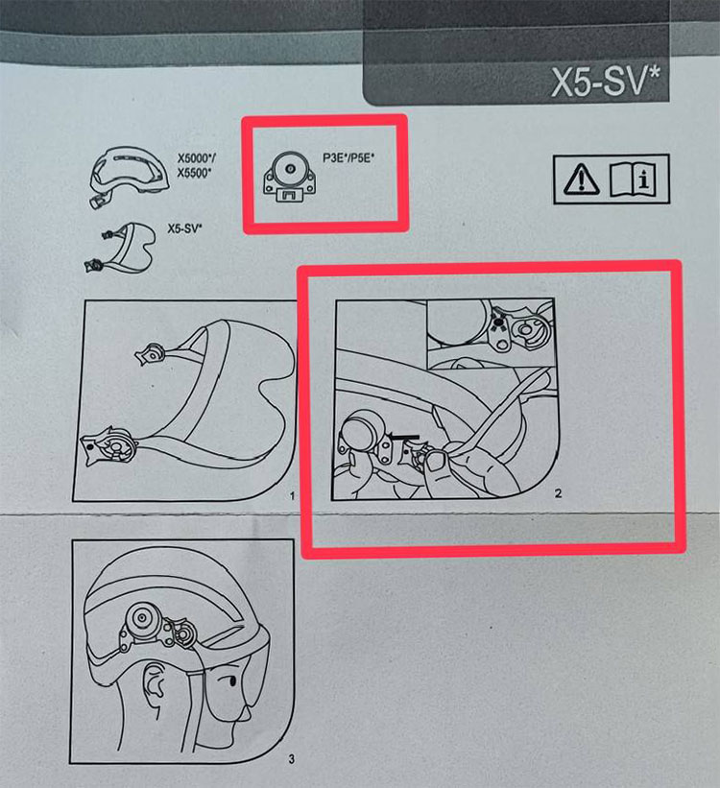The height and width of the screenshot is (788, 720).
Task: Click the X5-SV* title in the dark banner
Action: click(x=606, y=81)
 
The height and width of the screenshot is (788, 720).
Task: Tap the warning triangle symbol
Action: click(x=582, y=179)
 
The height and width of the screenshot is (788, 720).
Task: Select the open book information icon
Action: click(x=633, y=179)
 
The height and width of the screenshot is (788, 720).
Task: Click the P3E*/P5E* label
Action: click(x=348, y=157)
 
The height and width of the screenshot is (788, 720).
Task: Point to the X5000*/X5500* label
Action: click(x=197, y=165)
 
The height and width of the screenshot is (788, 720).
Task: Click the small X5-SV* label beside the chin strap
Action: click(x=184, y=228)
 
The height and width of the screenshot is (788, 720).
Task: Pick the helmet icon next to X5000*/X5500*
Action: click(x=129, y=176)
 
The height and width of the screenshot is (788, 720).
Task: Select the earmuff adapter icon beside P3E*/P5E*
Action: click(x=290, y=177)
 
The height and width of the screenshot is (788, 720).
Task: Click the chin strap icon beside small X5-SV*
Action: click(x=120, y=248)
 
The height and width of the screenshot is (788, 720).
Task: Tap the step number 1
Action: click(x=293, y=496)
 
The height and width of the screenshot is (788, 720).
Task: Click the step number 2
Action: click(x=558, y=493)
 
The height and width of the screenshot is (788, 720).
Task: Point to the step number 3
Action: click(x=292, y=758)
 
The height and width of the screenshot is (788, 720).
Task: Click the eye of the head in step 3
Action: click(x=231, y=681)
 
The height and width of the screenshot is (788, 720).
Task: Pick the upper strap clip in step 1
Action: click(x=150, y=354)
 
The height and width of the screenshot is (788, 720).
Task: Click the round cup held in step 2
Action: click(x=362, y=431)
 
